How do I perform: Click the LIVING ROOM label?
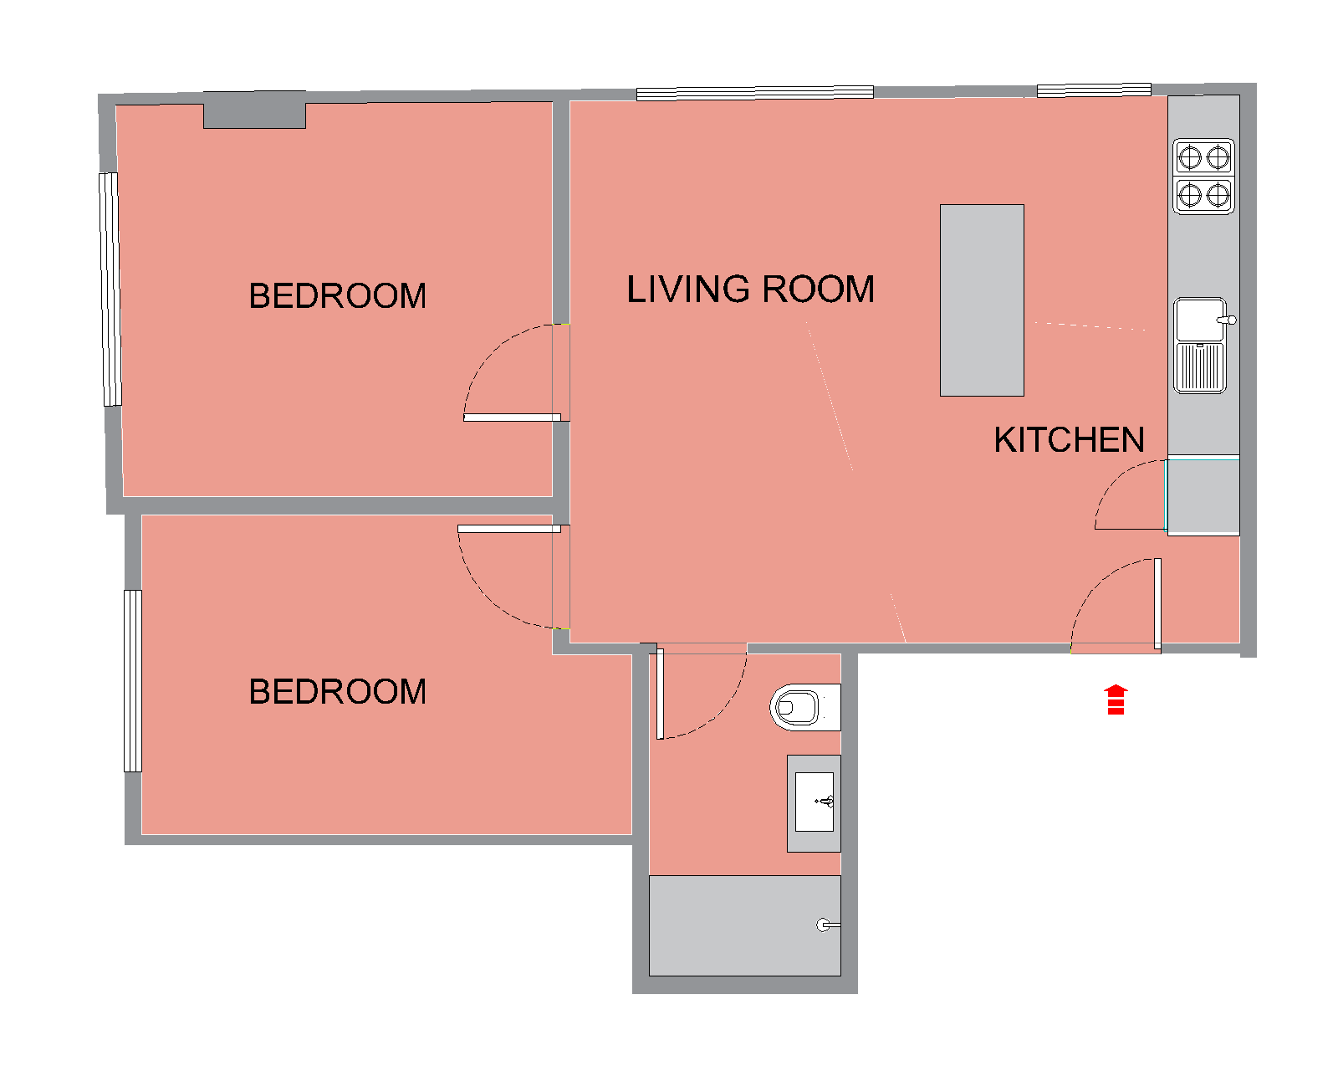[x=750, y=290]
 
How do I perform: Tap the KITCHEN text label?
[x=1069, y=440]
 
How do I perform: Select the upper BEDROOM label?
[x=338, y=295]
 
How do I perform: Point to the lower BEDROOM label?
[x=338, y=691]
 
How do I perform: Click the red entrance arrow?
[x=1116, y=699]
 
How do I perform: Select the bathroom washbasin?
[x=815, y=802]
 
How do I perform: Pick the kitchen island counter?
[x=982, y=300]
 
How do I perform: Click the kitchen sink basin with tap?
[x=1201, y=320]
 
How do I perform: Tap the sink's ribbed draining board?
[x=1200, y=368]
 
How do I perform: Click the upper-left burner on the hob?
[x=1189, y=157]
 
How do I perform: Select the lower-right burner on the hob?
[x=1218, y=196]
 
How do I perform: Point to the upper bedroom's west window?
[x=110, y=290]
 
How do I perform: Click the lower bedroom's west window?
[x=133, y=681]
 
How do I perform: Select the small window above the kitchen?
[x=1094, y=90]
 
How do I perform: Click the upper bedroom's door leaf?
[x=512, y=418]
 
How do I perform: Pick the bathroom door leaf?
[x=661, y=694]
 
